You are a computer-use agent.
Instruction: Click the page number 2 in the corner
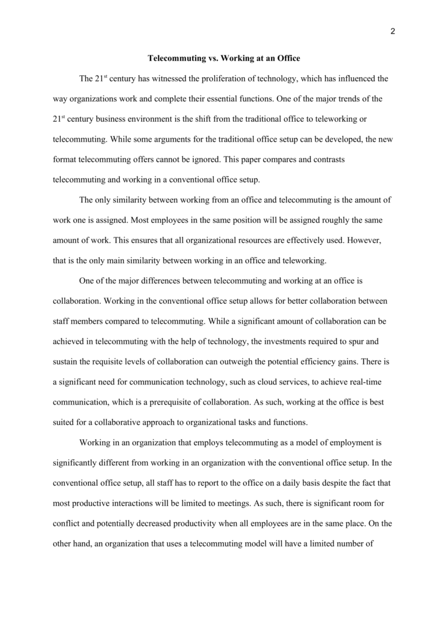(392, 32)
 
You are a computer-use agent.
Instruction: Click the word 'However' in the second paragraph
(363, 240)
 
